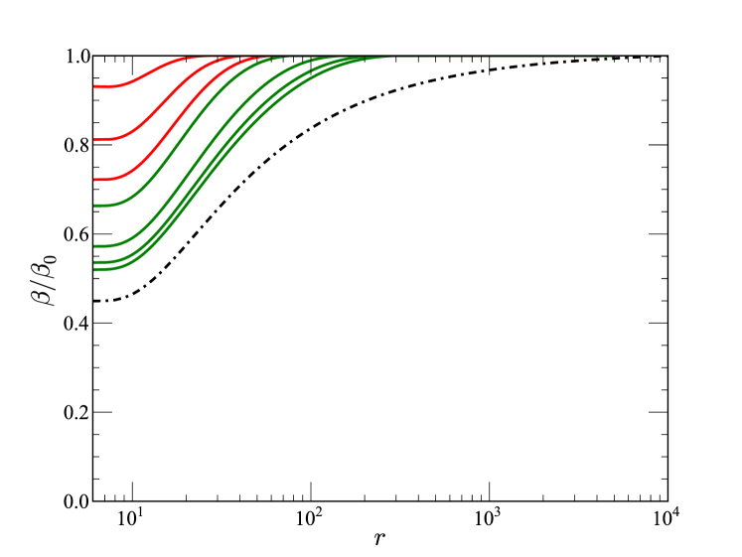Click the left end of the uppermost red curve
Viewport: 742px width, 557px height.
click(95, 86)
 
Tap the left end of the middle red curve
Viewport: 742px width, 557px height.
click(95, 140)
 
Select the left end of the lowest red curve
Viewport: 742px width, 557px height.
click(95, 180)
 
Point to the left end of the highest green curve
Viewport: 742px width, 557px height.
click(95, 206)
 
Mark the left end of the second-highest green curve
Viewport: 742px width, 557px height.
click(95, 245)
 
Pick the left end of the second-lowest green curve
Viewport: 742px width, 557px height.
click(95, 262)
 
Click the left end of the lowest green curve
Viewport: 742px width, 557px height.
click(95, 269)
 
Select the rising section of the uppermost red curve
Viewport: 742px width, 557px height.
click(149, 71)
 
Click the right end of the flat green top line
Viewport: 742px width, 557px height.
click(612, 57)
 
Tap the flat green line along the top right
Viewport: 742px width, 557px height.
click(497, 57)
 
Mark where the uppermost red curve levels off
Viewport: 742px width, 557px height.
click(189, 58)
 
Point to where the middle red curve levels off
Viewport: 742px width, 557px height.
click(223, 58)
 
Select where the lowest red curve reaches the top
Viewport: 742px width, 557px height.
click(253, 58)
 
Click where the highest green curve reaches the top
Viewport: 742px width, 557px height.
click(298, 58)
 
